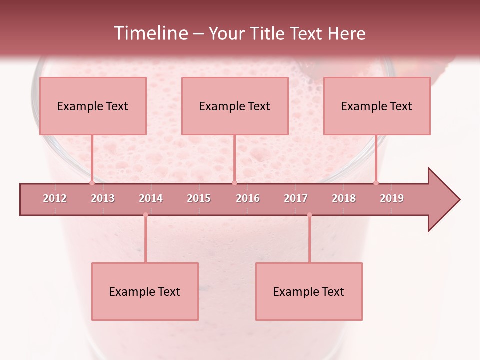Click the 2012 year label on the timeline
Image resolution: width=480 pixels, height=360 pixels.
click(x=55, y=199)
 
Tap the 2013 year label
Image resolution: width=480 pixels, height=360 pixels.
click(x=103, y=199)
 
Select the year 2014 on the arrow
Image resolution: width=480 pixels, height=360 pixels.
click(x=151, y=199)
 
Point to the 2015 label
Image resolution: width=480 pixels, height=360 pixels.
click(x=199, y=199)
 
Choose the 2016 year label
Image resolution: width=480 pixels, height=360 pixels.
click(x=248, y=199)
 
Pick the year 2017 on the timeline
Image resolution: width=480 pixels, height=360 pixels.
click(x=296, y=199)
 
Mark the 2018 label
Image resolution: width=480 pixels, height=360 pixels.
click(x=344, y=199)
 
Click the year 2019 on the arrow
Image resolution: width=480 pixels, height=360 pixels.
click(x=392, y=199)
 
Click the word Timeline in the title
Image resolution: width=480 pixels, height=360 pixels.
click(x=150, y=33)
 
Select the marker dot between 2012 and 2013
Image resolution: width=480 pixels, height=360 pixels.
click(x=92, y=183)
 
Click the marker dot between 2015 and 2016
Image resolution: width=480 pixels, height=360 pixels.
click(x=234, y=183)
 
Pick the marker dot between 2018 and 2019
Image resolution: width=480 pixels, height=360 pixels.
click(x=376, y=183)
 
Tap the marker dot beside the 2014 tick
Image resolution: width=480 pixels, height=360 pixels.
click(x=145, y=215)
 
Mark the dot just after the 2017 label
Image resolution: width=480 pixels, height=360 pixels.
click(x=309, y=215)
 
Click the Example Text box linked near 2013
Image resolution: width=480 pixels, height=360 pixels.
click(x=93, y=106)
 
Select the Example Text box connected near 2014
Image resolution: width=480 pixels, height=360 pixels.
click(x=145, y=291)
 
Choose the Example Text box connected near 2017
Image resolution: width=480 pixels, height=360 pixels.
click(x=309, y=291)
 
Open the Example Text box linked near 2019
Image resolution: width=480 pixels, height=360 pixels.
click(x=377, y=106)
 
